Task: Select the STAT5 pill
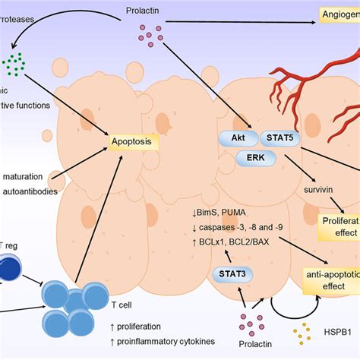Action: pos(279,139)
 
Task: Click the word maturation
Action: pos(24,178)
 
